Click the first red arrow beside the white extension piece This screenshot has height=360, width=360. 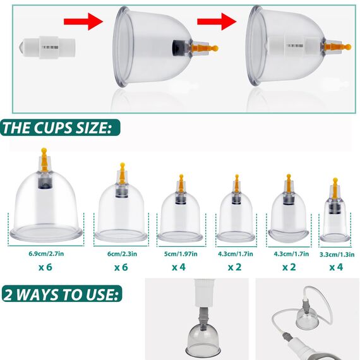83,21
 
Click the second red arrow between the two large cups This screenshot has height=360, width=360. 217,21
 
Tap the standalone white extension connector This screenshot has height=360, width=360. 47,47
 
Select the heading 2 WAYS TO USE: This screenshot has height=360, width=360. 61,294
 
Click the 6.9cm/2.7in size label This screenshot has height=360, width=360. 46,254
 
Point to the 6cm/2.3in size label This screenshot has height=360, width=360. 122,254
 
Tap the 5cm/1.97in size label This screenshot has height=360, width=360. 181,254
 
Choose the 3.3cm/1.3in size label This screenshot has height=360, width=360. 337,255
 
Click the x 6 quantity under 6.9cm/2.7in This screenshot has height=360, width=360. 45,267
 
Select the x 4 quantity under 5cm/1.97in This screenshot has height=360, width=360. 179,267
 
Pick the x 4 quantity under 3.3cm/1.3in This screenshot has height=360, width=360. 336,267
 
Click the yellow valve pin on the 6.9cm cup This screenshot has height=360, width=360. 44,160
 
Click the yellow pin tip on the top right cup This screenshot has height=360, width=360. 348,47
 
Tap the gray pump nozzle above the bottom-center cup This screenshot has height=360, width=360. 203,318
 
